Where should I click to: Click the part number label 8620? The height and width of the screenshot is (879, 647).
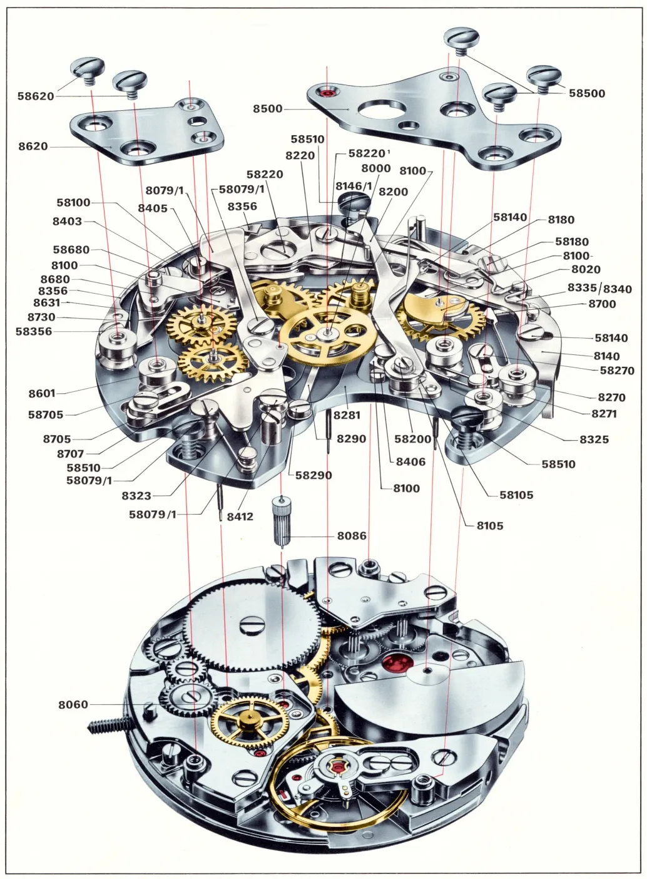[x=33, y=146]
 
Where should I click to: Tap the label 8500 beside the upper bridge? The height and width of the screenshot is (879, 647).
[x=268, y=108]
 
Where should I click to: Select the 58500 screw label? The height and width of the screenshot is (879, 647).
[x=587, y=93]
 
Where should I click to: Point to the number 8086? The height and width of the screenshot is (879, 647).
[x=352, y=536]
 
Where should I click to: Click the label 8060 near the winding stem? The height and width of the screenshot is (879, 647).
[x=73, y=704]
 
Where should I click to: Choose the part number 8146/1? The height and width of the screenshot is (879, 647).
[x=354, y=186]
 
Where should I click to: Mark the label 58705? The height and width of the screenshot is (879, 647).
[x=46, y=414]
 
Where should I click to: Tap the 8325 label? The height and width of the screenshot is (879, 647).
[x=594, y=439]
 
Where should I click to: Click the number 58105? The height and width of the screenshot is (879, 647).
[x=516, y=495]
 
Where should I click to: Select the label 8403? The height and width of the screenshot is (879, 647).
[x=67, y=221]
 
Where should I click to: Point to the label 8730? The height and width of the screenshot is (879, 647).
[x=41, y=317]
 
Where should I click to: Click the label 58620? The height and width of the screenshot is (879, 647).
[x=36, y=96]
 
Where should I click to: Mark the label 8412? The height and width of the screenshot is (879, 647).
[x=240, y=517]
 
